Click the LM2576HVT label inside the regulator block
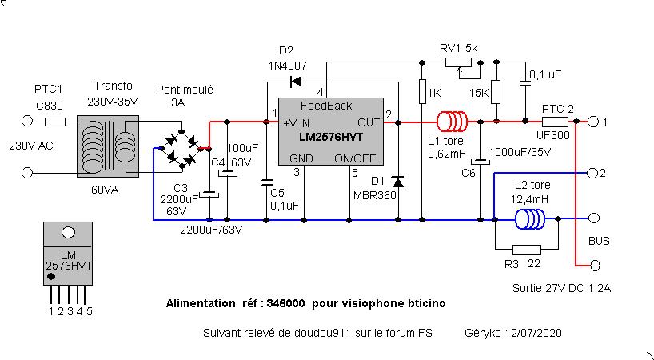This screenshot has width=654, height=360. (x=331, y=137)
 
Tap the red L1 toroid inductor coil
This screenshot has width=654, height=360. (x=453, y=122)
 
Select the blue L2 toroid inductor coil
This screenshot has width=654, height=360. (x=530, y=219)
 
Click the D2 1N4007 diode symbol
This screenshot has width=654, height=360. (x=296, y=82)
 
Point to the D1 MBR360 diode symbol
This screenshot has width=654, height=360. (x=398, y=182)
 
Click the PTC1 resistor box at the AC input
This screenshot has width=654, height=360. (x=55, y=122)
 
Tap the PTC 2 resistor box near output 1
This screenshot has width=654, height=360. (x=555, y=122)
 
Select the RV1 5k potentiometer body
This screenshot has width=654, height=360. (x=458, y=62)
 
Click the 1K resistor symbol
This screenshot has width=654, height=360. (x=422, y=91)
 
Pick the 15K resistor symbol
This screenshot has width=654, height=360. (x=496, y=92)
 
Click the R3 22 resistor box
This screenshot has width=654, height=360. (x=526, y=250)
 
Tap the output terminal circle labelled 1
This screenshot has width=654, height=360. (x=592, y=122)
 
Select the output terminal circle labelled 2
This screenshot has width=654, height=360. (x=592, y=173)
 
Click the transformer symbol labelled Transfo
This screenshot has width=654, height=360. (x=108, y=146)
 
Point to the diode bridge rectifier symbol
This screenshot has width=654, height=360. (x=181, y=149)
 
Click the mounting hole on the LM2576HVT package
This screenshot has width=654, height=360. (x=69, y=233)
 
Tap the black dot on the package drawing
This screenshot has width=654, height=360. (x=51, y=276)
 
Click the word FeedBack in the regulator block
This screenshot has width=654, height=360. (x=326, y=106)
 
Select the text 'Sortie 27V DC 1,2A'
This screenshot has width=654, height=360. (x=562, y=288)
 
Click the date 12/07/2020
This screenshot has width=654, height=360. (x=533, y=333)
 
